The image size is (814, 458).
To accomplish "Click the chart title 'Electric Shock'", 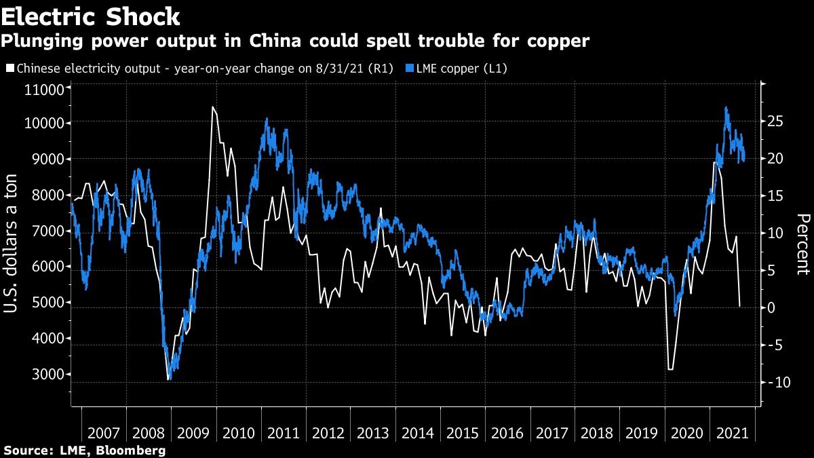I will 91,16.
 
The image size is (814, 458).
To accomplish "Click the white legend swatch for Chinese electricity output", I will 9,68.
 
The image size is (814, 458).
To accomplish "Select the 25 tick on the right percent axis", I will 776,121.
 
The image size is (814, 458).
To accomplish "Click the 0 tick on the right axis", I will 771,308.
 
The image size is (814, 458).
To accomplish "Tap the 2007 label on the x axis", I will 104,432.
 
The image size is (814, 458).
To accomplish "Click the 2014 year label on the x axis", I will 419,432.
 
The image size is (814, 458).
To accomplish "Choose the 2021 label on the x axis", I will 733,432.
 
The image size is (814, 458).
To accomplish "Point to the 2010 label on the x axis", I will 239,432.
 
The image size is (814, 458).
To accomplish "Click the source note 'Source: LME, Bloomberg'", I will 85,450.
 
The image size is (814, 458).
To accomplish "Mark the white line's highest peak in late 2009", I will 212,107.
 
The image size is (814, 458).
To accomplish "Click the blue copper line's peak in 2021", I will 726,107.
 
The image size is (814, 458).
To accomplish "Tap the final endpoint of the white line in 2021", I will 739,307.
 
